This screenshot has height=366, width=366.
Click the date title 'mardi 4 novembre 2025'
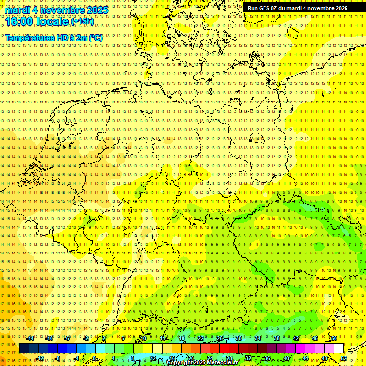pos(56,10)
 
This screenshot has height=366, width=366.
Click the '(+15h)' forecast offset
pos(82,21)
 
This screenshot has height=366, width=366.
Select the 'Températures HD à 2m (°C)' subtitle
pos(54,38)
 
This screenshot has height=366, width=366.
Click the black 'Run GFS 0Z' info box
pos(297,8)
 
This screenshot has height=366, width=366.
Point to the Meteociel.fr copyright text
pos(203,363)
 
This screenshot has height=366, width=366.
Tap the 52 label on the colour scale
pos(343,358)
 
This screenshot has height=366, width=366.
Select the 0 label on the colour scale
pos(94,358)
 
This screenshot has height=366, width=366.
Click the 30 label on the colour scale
pos(238,338)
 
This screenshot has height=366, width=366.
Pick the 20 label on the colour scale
pos(191,358)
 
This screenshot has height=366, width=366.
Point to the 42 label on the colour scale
pos(295,338)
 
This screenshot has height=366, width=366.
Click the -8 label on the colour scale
pos(58,358)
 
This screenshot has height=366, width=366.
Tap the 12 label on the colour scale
pos(152,358)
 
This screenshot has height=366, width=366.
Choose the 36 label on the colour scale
pos(267,358)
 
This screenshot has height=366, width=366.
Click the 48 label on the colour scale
pos(324,358)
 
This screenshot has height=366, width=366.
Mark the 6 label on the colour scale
pos(123,338)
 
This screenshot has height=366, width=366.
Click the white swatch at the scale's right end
pos(338,348)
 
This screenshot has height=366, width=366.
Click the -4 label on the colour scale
pos(76,358)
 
